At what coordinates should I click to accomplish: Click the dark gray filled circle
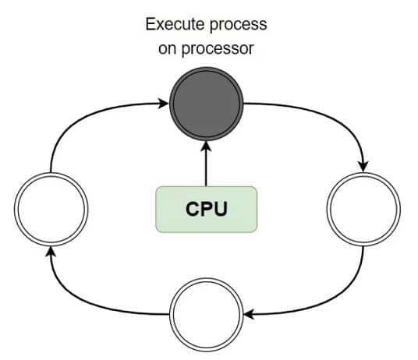(207, 104)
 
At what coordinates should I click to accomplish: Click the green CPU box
(207, 210)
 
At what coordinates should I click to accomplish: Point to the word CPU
(207, 210)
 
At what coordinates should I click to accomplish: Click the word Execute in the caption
(175, 24)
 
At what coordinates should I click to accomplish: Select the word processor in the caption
(218, 49)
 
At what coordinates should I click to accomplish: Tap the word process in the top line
(238, 25)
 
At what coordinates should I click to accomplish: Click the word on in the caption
(168, 49)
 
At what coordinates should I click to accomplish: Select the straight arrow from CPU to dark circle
(206, 164)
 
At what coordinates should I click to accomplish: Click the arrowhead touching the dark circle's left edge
(163, 104)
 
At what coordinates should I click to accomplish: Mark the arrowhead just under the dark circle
(206, 146)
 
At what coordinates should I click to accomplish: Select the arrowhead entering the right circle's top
(363, 167)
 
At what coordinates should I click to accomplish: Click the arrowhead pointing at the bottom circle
(250, 315)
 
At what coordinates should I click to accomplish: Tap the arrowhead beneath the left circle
(51, 252)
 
